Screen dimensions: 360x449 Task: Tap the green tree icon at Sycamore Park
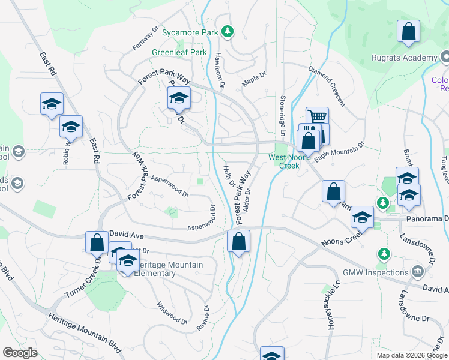coord(227,31)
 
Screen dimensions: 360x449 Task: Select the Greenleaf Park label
coord(179,53)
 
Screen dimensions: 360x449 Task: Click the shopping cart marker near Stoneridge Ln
coord(317,118)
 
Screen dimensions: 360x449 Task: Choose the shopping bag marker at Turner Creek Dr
coord(97,242)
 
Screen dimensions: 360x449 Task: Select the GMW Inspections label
coord(375,272)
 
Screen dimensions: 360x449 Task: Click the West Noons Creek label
coord(283,161)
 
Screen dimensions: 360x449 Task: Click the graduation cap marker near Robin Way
coord(71,127)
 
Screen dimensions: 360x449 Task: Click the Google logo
coord(20,353)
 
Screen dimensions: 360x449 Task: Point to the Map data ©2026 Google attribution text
coord(411,355)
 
